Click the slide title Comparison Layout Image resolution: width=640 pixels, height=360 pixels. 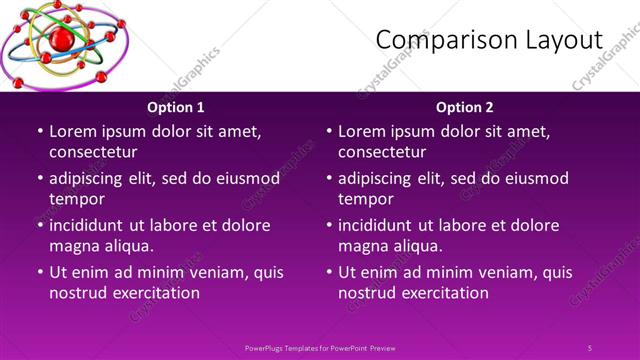[489, 40]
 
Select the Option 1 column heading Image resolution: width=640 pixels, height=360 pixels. [176, 107]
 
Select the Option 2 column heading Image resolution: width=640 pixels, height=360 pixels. [465, 107]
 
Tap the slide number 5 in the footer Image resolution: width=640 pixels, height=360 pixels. [590, 347]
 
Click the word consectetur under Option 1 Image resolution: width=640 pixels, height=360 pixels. [93, 152]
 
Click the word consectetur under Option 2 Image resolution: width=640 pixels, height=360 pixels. [382, 152]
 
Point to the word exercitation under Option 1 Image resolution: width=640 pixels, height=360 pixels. [152, 293]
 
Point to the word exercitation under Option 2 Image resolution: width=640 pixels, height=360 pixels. [441, 293]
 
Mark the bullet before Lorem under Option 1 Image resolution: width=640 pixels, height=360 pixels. [40, 131]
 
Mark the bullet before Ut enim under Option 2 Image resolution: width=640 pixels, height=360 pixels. [329, 272]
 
